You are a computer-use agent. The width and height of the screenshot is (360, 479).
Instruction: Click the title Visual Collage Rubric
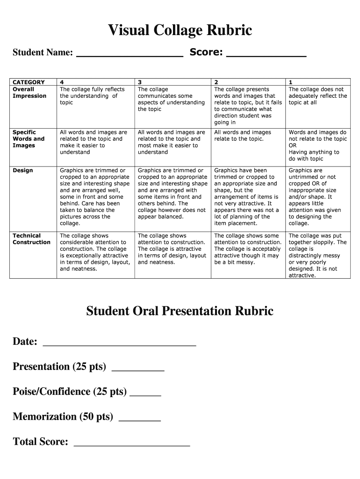[x=180, y=30]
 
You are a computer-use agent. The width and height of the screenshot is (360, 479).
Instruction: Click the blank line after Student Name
[x=130, y=55]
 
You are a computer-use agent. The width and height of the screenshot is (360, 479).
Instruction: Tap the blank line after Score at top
[x=266, y=55]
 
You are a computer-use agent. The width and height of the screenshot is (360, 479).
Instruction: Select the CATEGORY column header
[x=29, y=82]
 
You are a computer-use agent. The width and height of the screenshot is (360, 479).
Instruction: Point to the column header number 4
[x=62, y=82]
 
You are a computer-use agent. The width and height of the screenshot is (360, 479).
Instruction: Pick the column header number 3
[x=140, y=82]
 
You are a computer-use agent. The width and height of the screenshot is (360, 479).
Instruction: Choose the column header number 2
[x=216, y=82]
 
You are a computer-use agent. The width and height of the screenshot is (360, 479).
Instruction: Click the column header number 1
[x=291, y=82]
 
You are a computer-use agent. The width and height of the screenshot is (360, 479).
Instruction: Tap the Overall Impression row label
[x=29, y=93]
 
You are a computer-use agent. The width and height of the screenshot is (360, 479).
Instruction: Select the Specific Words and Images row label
[x=29, y=139]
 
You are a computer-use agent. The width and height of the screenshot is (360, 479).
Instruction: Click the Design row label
[x=23, y=170]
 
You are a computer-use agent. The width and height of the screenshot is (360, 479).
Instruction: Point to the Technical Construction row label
[x=31, y=239]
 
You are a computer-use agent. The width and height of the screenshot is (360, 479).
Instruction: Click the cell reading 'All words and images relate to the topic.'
[x=242, y=136]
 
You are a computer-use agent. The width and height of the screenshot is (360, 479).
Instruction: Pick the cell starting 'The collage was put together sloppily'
[x=317, y=255]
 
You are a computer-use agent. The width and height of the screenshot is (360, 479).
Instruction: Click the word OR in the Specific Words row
[x=293, y=145]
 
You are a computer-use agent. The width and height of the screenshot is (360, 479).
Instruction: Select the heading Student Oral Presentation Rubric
[x=180, y=311]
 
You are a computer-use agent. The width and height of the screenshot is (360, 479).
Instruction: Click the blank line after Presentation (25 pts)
[x=138, y=370]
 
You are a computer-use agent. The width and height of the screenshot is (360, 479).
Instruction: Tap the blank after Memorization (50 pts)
[x=140, y=420]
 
